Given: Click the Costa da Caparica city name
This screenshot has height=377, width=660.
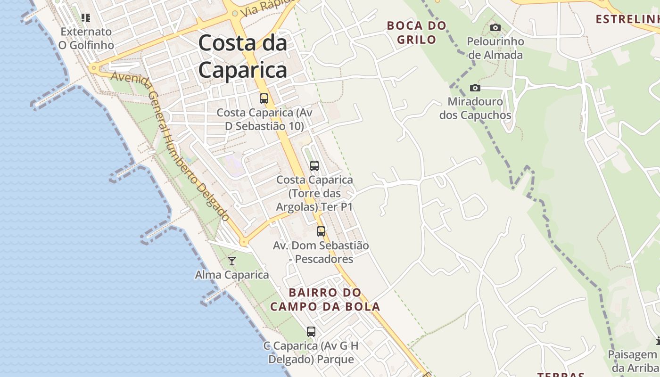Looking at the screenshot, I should coord(242,57).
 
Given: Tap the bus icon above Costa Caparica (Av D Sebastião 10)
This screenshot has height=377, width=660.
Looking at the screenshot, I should coord(264,98).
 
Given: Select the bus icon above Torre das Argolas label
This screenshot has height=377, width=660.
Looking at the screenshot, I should coord(314,166).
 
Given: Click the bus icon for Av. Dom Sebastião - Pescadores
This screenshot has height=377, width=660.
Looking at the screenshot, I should coord(321,231).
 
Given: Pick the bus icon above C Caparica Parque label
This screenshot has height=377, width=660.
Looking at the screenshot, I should coord(311,332).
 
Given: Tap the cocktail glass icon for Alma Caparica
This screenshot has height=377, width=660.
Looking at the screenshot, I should coord(232,261).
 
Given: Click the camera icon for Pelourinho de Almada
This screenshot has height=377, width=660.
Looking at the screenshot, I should coord(495,28).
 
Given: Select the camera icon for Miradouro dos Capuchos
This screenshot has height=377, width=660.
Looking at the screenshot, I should coord(475,88).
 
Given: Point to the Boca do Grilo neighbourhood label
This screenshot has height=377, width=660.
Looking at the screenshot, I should coord(416,32).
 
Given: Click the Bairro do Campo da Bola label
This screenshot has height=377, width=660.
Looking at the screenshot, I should coord(325,300).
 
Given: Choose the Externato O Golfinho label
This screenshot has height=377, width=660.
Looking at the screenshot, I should coord(86,39).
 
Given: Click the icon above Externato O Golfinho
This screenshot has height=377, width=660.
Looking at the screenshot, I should coord(86,18).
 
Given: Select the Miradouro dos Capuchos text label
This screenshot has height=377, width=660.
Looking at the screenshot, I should coord(475,108).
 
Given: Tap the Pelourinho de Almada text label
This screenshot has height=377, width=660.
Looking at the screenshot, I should coord(495,48).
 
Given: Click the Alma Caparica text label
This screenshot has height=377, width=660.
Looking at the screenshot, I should coord(232,275).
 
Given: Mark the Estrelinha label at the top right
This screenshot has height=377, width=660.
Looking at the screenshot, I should coord(627,19).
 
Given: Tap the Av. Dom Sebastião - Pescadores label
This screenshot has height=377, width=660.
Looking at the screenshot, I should coord(321,252).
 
